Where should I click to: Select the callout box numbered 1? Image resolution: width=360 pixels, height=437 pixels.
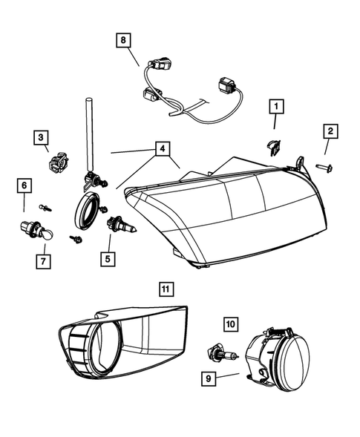click(x=275, y=108)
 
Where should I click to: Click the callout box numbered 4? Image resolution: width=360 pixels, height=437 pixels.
click(x=160, y=149)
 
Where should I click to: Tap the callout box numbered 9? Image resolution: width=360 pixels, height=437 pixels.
click(x=210, y=379)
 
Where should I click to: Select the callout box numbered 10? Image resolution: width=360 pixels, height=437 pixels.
click(x=230, y=323)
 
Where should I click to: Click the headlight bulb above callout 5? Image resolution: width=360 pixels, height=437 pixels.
click(x=118, y=223)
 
